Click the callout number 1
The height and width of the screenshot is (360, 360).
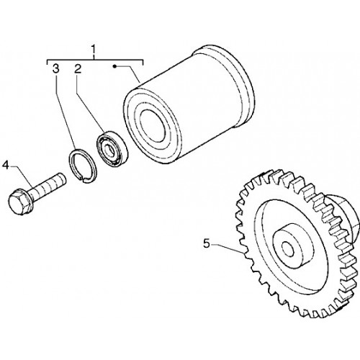94,50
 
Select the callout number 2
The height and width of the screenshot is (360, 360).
78,69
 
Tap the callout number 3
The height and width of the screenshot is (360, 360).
55,69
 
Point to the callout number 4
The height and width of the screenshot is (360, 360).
6,166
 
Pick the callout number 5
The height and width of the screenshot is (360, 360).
207,244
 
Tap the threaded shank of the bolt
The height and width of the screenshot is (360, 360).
49,185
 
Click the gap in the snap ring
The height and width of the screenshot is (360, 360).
84,178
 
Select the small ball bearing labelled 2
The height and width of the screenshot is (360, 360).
112,149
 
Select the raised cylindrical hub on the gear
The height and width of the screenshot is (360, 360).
293,247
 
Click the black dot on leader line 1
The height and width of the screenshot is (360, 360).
114,66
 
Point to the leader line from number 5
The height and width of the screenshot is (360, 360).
228,248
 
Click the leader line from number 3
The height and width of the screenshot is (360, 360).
65,112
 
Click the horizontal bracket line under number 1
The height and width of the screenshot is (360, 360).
95,60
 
